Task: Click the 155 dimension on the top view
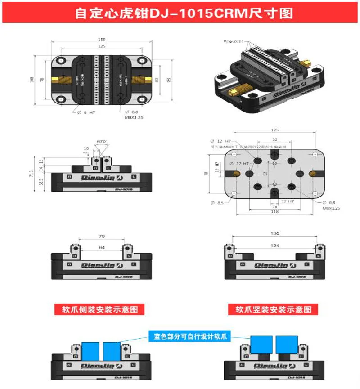(102, 39)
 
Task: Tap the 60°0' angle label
(101, 142)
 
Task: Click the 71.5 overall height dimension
(32, 173)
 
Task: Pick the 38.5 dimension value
(41, 183)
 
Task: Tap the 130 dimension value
(275, 233)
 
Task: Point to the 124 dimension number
(275, 245)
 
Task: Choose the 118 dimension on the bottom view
(274, 211)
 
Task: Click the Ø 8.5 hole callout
(217, 203)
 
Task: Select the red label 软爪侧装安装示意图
(103, 309)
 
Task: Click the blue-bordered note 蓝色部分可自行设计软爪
(189, 335)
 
